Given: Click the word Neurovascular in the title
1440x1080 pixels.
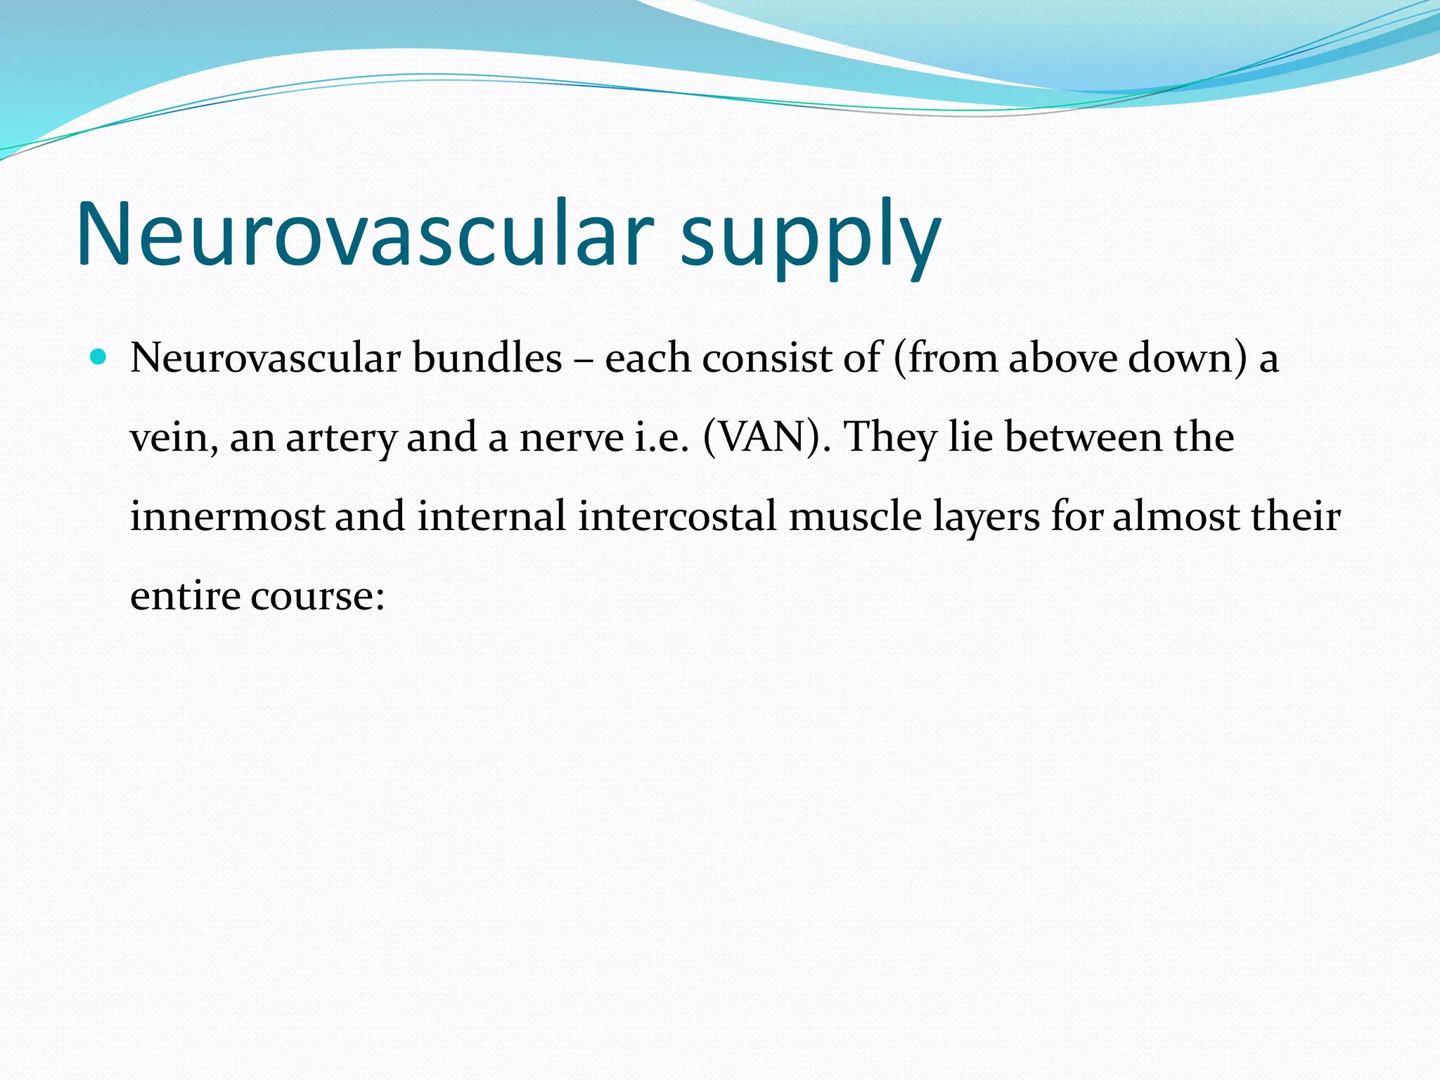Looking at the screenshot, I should [365, 234].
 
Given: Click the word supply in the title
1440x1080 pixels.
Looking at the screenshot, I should [810, 239].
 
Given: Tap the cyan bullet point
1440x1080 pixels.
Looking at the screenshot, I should [98, 357].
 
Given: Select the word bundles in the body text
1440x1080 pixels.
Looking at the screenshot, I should [487, 358].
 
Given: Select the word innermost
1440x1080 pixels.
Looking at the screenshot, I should [226, 516].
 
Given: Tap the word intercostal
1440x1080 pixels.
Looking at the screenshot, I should [677, 516].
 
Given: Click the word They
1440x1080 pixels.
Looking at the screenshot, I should [889, 438].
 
